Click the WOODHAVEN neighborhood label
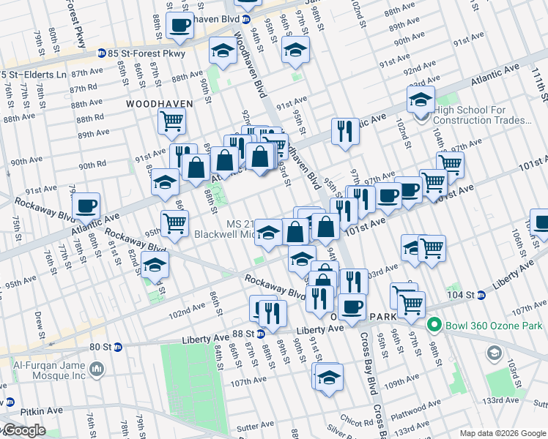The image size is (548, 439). tap(159, 104)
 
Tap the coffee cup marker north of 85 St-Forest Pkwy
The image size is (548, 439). tap(179, 26)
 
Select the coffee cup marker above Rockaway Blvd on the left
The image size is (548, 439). tap(86, 206)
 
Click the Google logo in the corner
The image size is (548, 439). tap(23, 431)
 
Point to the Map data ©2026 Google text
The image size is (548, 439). tap(503, 433)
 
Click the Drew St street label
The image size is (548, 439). tap(38, 320)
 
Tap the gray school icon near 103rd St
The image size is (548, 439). tap(495, 354)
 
